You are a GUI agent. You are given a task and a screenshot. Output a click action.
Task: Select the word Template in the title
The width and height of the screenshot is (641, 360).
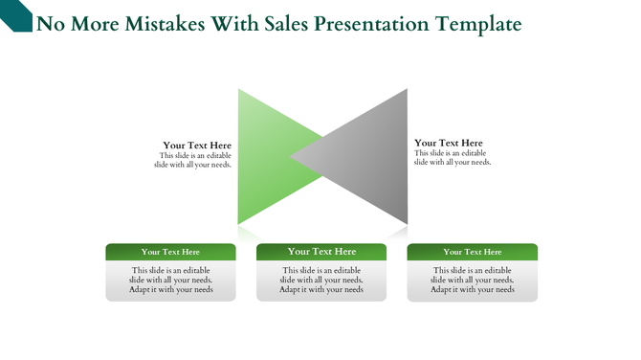coord(477,24)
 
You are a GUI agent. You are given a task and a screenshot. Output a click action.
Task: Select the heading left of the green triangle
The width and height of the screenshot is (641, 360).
coord(196,146)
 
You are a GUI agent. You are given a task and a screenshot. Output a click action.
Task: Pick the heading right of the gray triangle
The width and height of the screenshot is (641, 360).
coord(449,143)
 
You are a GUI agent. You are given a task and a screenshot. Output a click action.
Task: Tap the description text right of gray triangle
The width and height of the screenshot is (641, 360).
coord(452,158)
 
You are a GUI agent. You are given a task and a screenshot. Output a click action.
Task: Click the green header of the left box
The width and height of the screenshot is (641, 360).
coord(170,252)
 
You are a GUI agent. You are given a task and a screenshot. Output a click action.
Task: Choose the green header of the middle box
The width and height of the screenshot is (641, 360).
coord(321,252)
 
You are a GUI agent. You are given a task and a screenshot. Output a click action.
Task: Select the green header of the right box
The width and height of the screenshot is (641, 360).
coord(472,252)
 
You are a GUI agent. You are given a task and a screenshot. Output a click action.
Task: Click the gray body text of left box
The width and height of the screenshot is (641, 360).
coord(170,280)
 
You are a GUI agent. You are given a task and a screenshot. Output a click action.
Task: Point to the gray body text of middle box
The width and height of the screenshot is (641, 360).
coord(321,280)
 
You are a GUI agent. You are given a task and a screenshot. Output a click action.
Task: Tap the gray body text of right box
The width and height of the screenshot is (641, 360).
coord(472,280)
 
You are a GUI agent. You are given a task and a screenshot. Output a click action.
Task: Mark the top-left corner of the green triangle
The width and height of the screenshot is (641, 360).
coord(239,90)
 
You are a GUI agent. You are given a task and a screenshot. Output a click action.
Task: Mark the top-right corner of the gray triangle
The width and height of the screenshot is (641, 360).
coord(407,90)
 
